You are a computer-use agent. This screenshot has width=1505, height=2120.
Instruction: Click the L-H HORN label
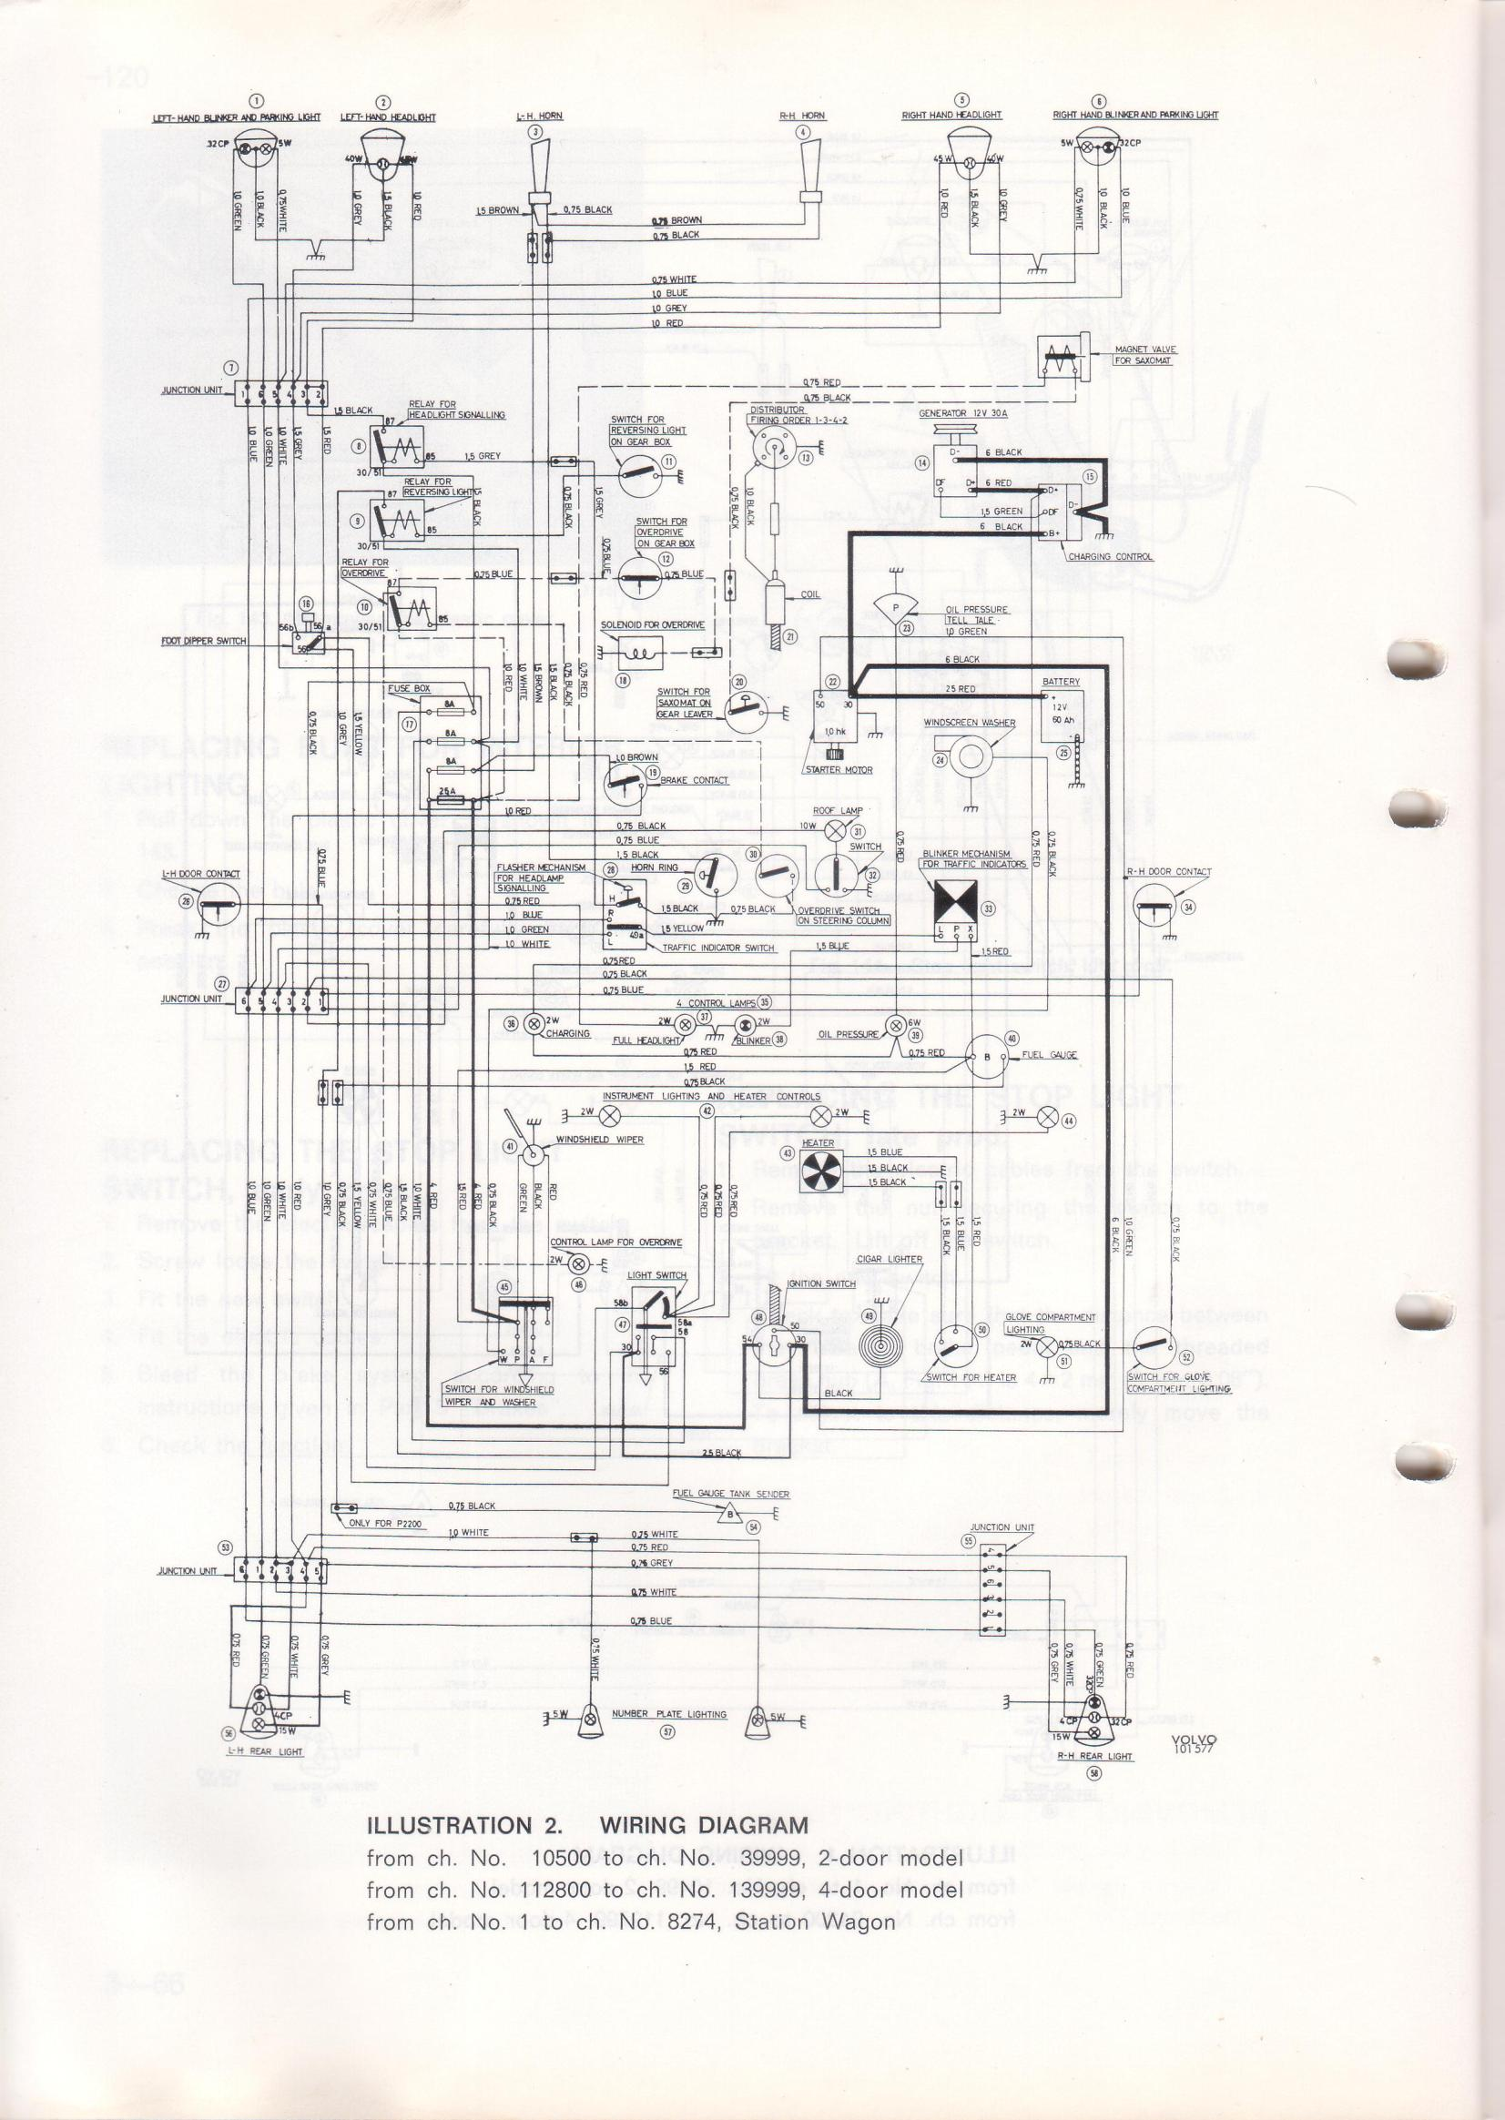[x=538, y=116]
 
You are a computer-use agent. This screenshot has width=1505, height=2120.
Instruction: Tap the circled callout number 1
[x=260, y=101]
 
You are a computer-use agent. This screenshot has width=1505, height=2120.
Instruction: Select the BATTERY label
[x=1061, y=681]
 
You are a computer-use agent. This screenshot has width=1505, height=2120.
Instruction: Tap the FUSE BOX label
[x=410, y=688]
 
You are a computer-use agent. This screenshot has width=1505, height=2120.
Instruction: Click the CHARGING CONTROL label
[x=1110, y=557]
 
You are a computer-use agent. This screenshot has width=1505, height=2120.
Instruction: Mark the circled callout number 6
[x=1099, y=101]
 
